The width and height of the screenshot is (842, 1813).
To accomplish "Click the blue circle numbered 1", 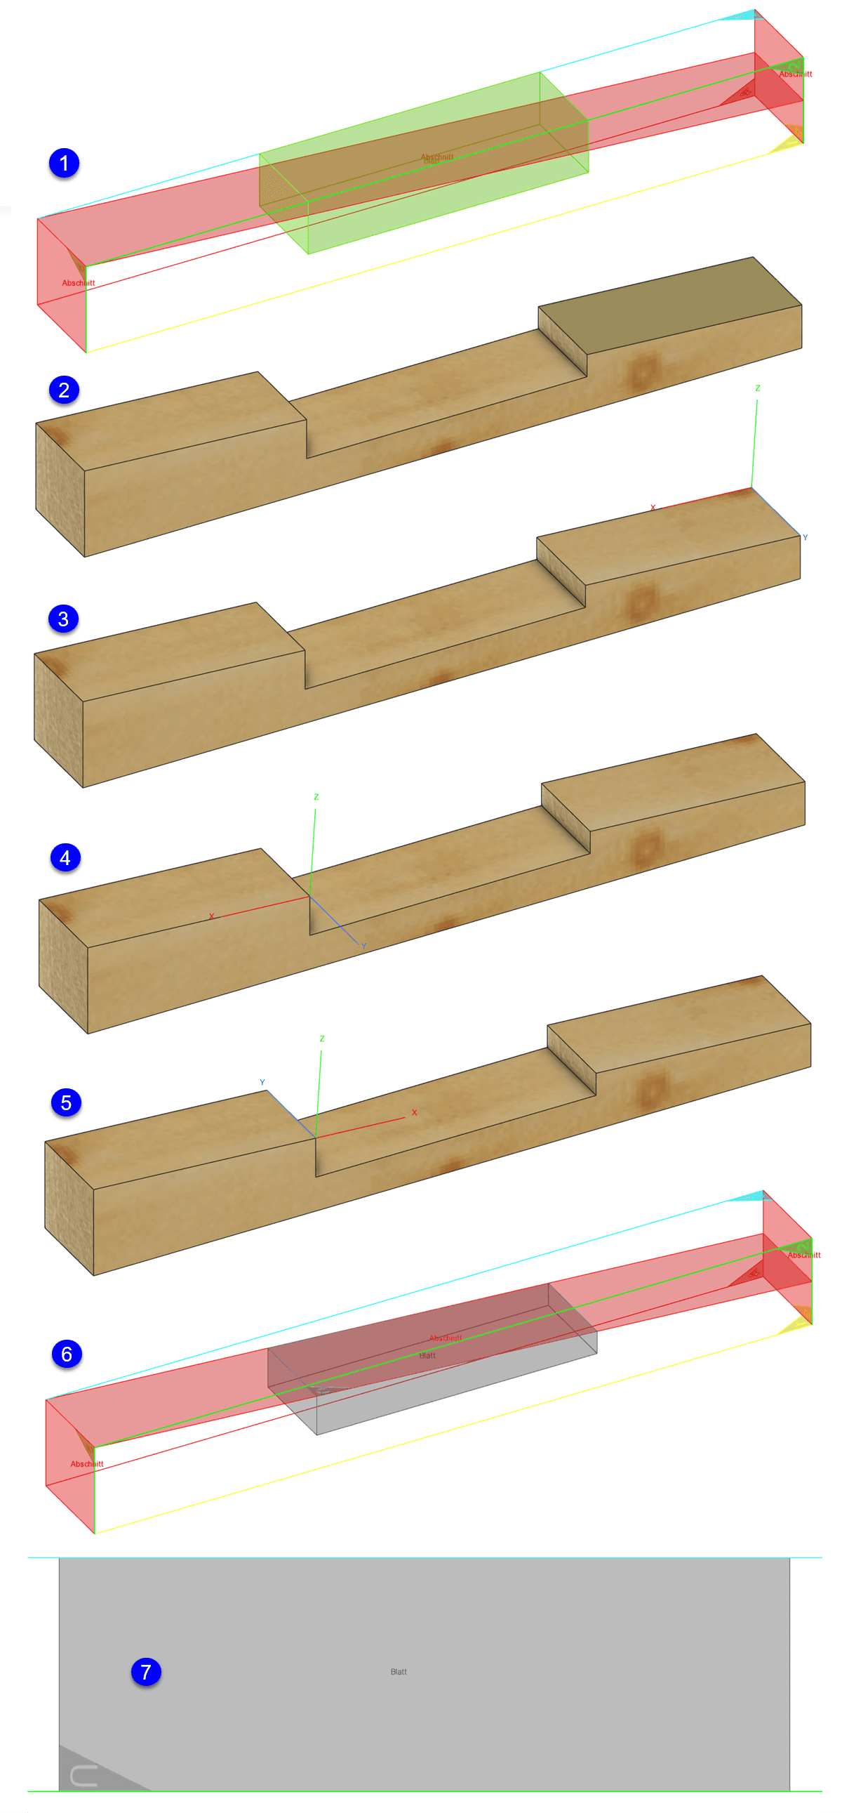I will (64, 164).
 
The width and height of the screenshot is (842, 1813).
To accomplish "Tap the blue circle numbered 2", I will (64, 390).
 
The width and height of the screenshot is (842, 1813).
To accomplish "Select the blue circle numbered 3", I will (63, 619).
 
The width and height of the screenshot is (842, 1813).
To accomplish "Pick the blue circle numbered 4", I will (65, 858).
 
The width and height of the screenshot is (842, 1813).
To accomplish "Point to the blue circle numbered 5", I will (66, 1102).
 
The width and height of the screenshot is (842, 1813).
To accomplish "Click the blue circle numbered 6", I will (67, 1353).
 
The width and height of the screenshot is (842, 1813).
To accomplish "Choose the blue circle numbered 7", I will (147, 1672).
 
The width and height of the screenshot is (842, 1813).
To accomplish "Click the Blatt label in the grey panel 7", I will (398, 1672).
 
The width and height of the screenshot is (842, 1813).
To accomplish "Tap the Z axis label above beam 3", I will (758, 388).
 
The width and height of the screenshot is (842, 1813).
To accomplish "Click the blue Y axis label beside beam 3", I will (805, 538).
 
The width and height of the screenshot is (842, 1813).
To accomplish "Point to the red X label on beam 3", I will (653, 508).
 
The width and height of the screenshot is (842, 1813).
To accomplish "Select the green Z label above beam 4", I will (316, 798).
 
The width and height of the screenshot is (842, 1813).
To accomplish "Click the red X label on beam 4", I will (211, 916).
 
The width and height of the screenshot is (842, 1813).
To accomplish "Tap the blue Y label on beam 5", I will (262, 1083).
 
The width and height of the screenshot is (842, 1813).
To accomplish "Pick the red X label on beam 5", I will (414, 1113).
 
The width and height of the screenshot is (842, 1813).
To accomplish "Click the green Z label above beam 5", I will (322, 1039).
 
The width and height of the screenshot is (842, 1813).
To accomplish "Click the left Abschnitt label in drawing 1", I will (78, 283).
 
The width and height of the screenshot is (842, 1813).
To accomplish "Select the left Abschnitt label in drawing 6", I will (86, 1464).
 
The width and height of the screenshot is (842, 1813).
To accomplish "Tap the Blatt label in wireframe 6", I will (427, 1355).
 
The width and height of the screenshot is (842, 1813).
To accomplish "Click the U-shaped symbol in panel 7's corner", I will (83, 1776).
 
